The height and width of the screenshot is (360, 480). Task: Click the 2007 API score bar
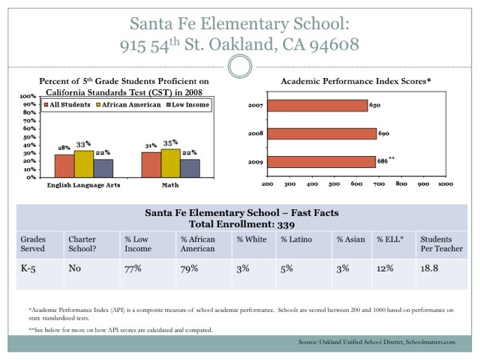317,106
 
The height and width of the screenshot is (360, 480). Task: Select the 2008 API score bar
322,133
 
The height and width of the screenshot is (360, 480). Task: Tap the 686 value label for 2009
382,161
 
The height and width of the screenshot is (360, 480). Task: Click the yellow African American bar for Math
170,163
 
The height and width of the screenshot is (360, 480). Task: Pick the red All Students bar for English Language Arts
64,166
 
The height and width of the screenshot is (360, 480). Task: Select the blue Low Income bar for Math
190,168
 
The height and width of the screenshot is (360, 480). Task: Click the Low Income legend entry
187,105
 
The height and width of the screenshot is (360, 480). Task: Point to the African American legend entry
128,105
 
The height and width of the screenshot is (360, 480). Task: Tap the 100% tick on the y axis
28,96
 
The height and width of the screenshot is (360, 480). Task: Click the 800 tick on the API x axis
401,184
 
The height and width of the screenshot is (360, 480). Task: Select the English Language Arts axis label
83,185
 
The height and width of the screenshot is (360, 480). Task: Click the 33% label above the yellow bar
83,144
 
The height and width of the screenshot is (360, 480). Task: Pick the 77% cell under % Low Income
133,268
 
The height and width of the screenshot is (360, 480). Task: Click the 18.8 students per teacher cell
429,268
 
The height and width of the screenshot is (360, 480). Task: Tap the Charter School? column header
82,244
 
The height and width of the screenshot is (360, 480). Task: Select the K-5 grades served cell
28,268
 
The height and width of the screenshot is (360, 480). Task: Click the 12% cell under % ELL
385,268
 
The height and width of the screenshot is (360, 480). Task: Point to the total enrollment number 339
286,225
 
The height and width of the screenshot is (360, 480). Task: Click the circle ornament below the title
240,67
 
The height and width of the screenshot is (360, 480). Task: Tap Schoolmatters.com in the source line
430,342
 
